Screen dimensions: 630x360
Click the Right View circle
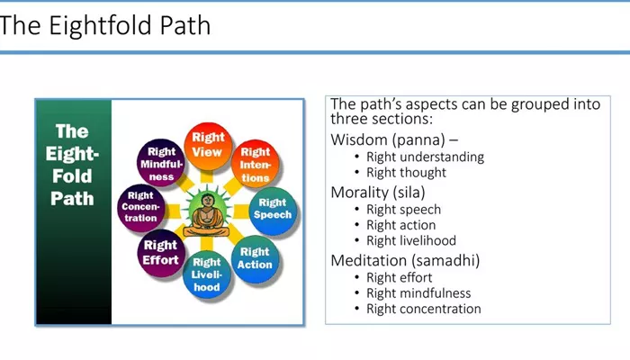point(208,146)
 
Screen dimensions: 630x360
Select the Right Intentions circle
point(255,164)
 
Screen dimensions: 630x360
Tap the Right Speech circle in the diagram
point(273,210)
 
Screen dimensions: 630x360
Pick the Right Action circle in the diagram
point(255,259)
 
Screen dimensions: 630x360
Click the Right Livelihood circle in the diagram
point(206,274)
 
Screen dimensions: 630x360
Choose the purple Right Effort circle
point(161,253)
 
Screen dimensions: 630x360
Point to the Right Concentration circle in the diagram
point(141,208)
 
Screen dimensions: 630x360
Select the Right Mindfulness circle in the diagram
point(161,162)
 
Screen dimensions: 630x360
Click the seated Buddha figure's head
point(207,201)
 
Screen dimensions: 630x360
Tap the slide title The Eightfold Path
point(105,25)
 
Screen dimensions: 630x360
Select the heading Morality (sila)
point(378,192)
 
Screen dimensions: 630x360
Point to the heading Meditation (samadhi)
point(405,260)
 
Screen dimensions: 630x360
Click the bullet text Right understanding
point(425,157)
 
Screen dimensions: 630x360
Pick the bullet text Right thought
point(406,173)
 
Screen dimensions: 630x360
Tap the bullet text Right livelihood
point(411,240)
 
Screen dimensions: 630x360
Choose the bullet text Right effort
point(399,277)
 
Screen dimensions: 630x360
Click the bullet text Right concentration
point(424,309)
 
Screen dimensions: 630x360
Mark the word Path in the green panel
point(72,199)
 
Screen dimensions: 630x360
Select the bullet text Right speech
point(403,210)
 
